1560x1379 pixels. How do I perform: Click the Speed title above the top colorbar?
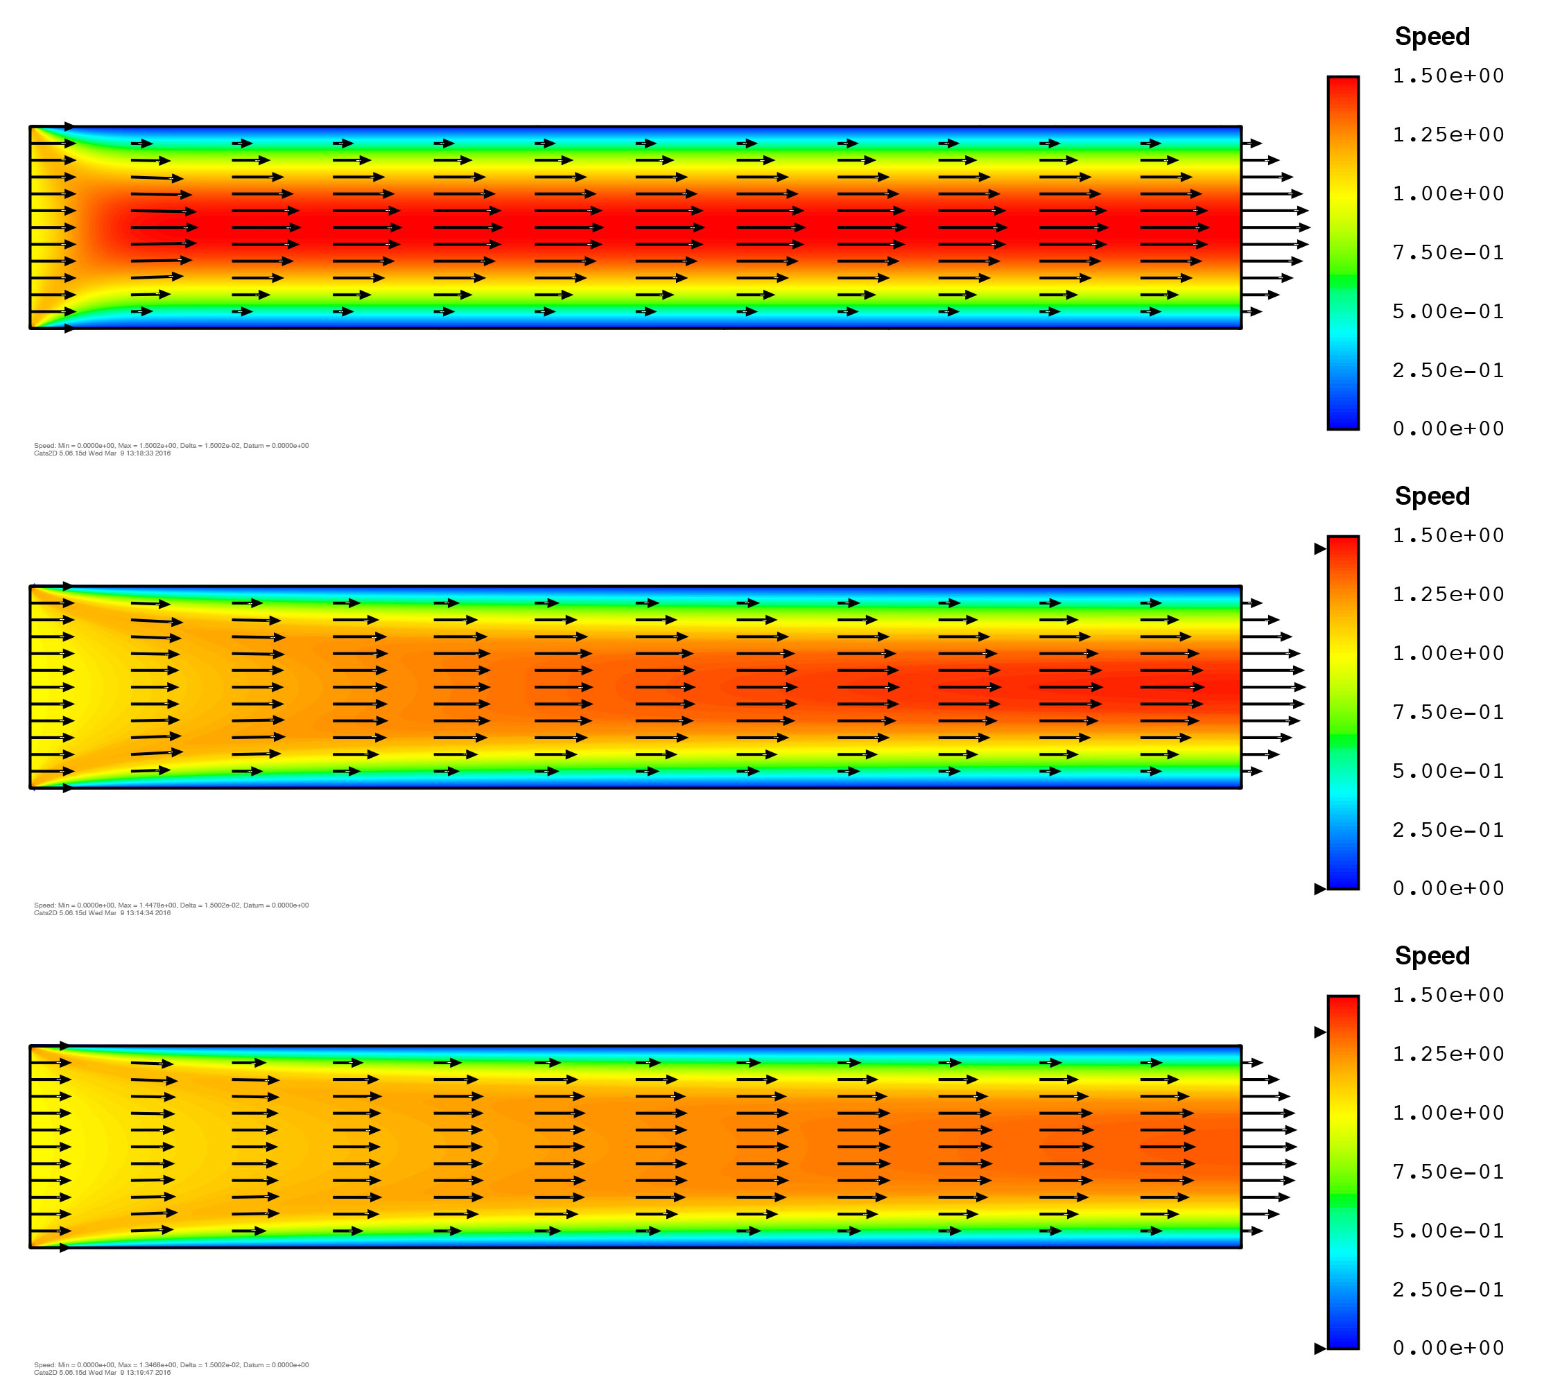click(1432, 37)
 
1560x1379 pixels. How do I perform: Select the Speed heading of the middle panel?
click(1432, 496)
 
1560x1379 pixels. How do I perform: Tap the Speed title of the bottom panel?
click(1432, 955)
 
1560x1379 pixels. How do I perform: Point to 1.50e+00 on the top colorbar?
click(1448, 76)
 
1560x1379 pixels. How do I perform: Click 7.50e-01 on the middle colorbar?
click(1448, 712)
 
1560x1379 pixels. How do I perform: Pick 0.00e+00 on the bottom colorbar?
click(1448, 1348)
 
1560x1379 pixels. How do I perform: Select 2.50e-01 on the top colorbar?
click(1448, 370)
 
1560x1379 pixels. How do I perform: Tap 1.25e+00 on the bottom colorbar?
click(1448, 1054)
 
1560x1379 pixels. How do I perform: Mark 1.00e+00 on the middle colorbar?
click(1448, 653)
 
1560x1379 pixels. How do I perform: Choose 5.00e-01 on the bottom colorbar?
click(1448, 1230)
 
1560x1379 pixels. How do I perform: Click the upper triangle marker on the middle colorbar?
click(1319, 548)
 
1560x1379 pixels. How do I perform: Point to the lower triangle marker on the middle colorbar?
click(1319, 889)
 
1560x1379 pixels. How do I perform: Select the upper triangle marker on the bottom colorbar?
click(1319, 1032)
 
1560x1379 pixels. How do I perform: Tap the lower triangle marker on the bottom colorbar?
click(1319, 1348)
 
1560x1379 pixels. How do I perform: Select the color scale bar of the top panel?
click(1342, 252)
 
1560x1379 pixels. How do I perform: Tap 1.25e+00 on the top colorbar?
click(1448, 135)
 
